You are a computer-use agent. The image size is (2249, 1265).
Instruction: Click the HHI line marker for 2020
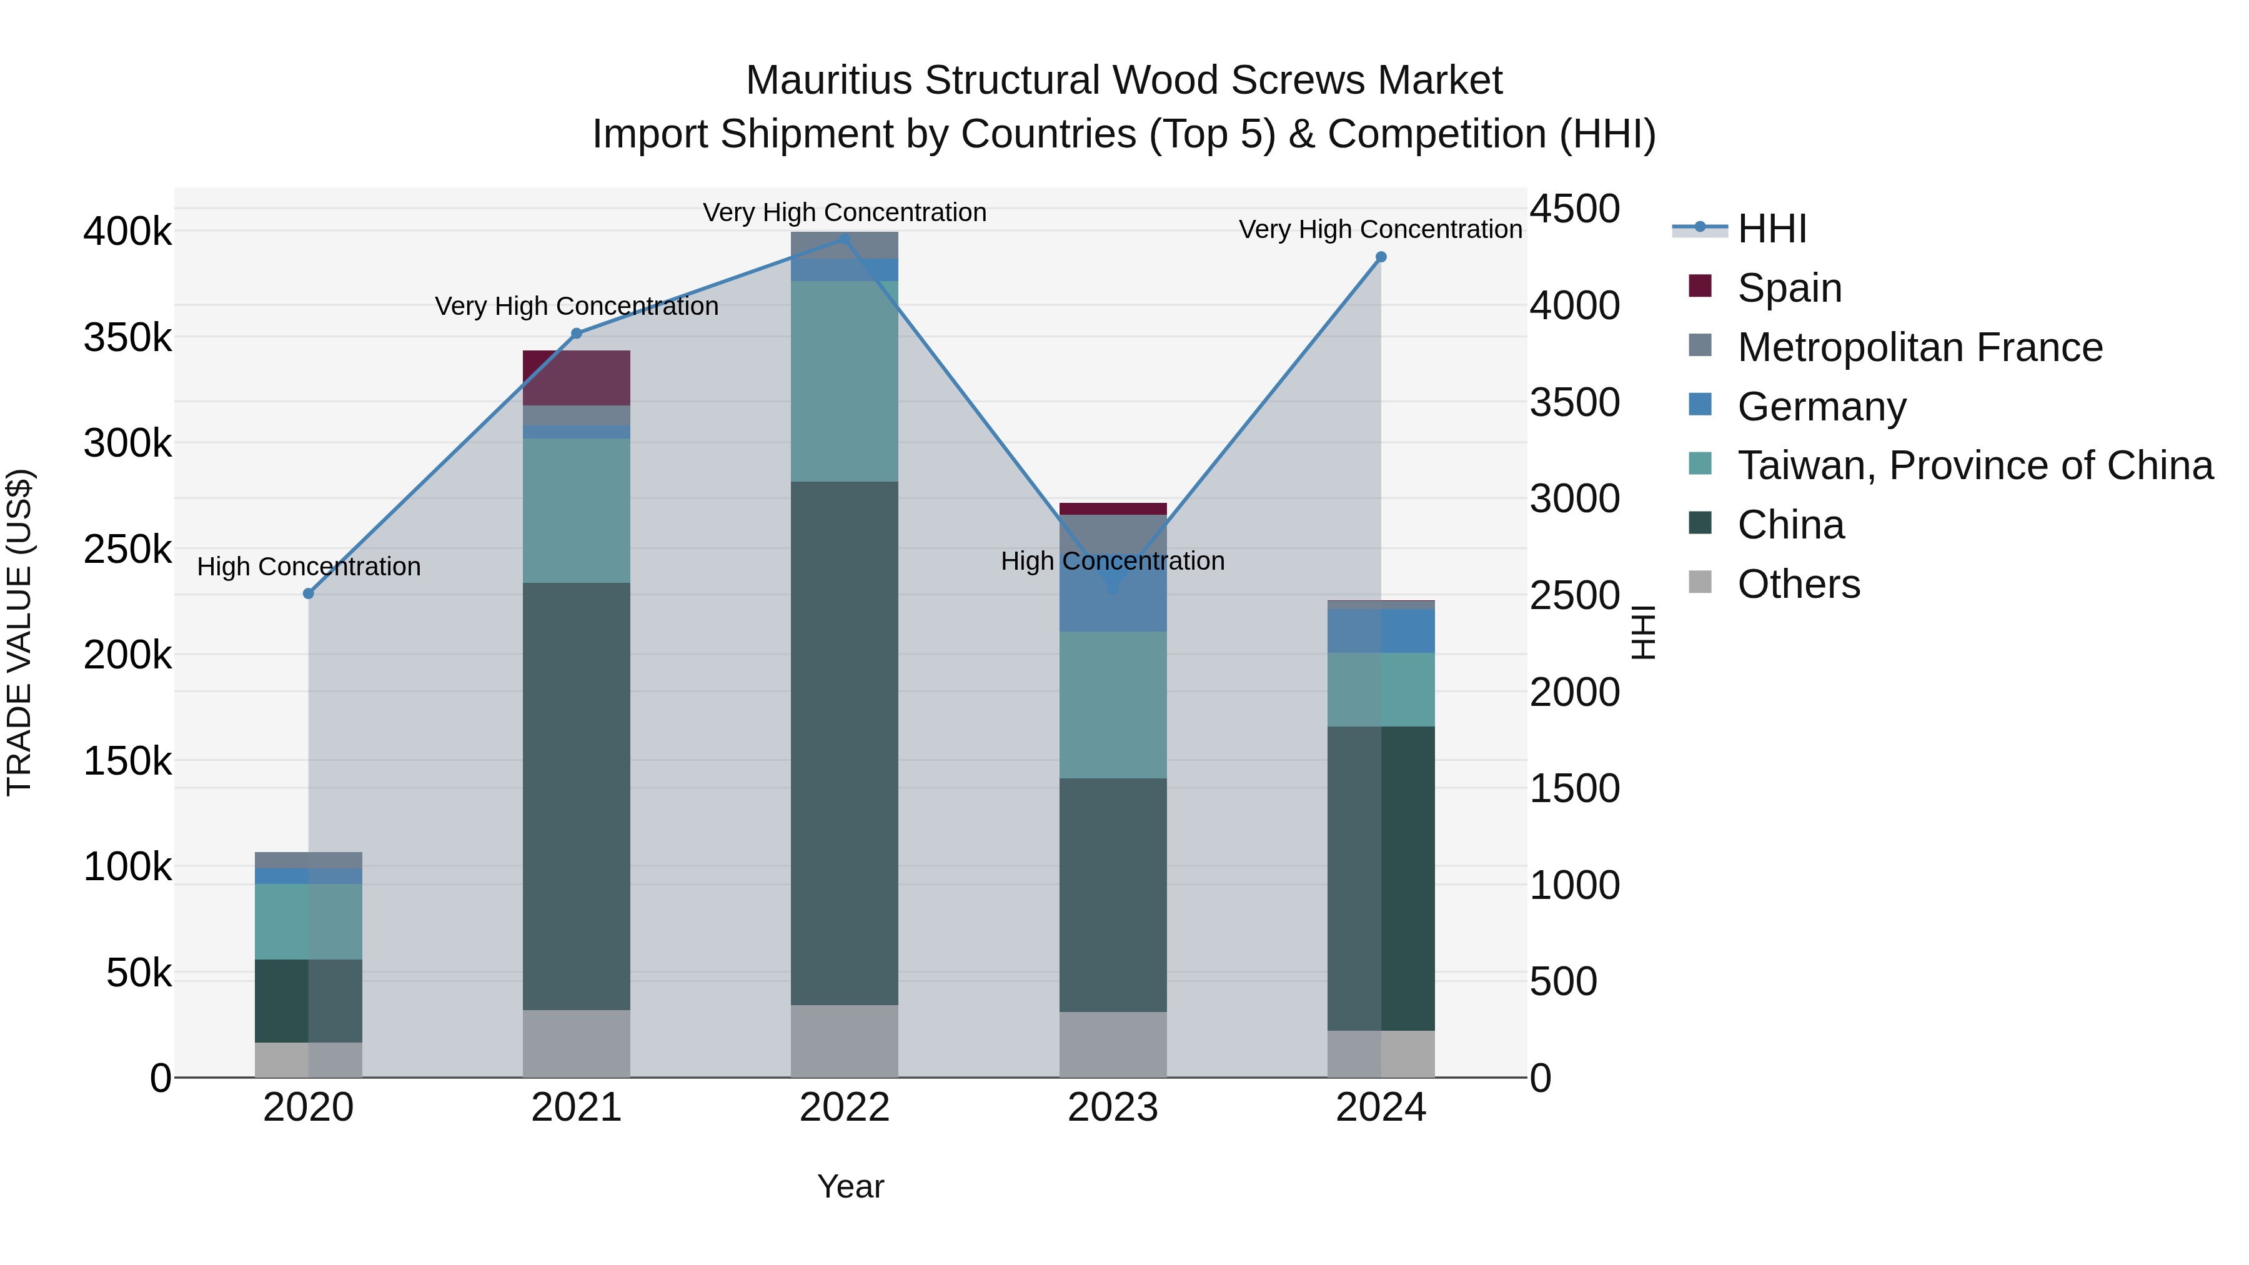tap(308, 593)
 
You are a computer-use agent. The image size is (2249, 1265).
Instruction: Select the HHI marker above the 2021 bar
tap(576, 334)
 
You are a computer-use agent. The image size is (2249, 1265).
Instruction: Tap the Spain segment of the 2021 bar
tap(576, 377)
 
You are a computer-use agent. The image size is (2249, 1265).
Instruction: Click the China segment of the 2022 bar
tap(844, 742)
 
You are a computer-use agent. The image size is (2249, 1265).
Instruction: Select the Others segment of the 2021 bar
tap(576, 1043)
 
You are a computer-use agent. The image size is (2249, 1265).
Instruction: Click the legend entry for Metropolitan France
tap(1920, 347)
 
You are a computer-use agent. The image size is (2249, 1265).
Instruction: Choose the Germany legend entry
tap(1821, 407)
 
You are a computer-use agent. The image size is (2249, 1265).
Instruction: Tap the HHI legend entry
tap(1772, 229)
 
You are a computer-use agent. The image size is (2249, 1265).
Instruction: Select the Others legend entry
tap(1799, 584)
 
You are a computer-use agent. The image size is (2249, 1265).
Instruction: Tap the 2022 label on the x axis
tap(844, 1108)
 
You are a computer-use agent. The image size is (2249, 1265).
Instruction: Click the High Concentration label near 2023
tap(1112, 562)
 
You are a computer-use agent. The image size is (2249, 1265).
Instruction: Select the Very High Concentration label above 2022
tap(844, 212)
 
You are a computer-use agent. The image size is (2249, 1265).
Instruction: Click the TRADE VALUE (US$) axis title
tap(19, 632)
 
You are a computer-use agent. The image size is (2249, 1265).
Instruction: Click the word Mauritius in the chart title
tap(830, 81)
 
